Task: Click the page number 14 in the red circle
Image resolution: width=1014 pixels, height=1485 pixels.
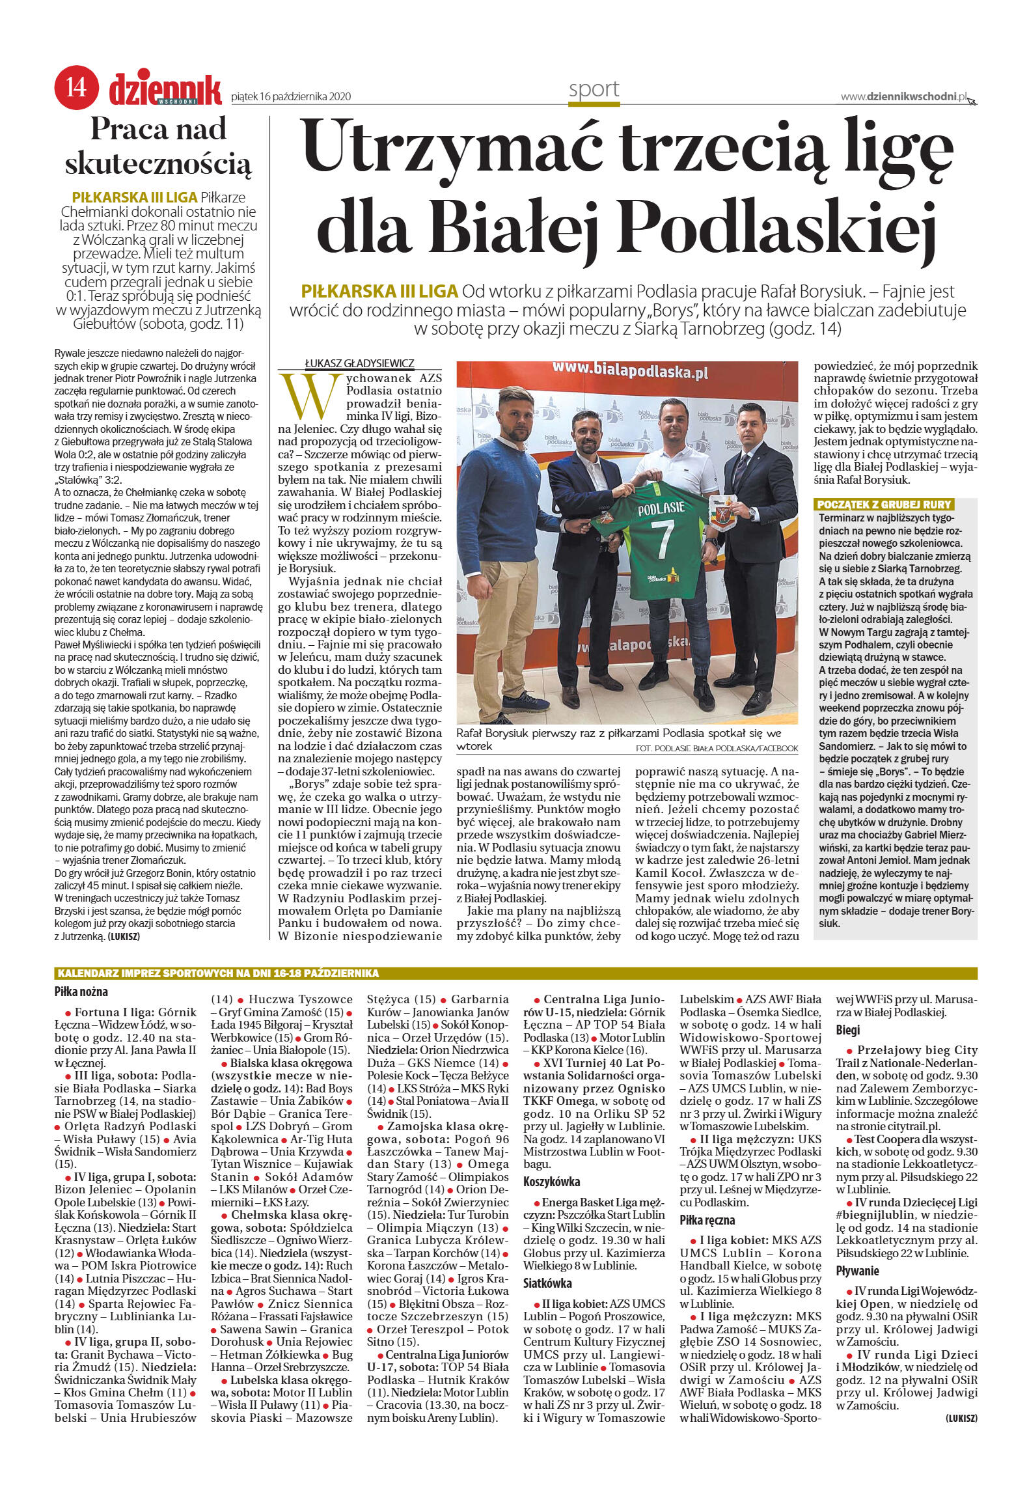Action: (76, 86)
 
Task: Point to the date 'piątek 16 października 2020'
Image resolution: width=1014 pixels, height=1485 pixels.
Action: (291, 97)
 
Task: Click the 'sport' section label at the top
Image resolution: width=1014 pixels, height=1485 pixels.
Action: (594, 89)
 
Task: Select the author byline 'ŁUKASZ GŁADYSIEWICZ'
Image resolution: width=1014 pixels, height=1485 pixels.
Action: (359, 363)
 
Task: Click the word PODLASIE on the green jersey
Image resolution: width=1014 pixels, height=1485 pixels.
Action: (661, 508)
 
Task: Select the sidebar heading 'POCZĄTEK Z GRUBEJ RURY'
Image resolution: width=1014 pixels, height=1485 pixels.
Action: (884, 504)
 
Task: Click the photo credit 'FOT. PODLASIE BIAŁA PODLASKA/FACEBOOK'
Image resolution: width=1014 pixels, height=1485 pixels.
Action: (716, 748)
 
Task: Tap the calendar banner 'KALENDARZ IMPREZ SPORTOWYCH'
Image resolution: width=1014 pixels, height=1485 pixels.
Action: (218, 973)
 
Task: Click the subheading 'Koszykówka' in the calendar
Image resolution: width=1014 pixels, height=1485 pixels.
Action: (551, 1181)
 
